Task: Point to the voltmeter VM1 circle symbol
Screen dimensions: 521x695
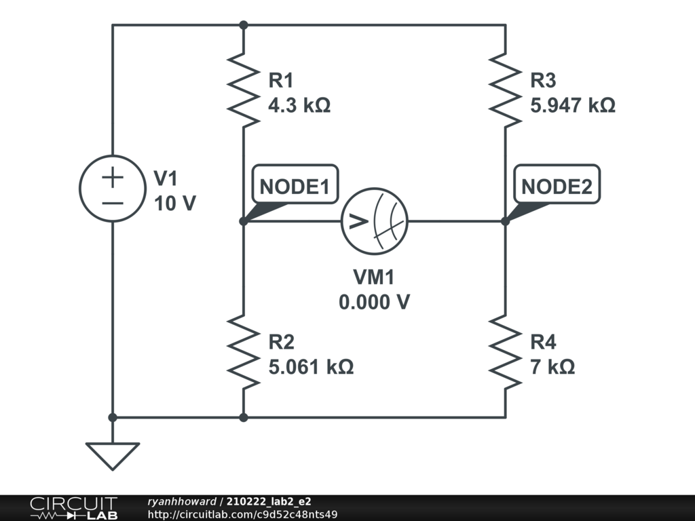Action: [374, 220]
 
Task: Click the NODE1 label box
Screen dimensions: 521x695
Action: [295, 187]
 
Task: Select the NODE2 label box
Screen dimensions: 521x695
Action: [557, 187]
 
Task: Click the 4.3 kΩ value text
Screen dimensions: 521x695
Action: [299, 106]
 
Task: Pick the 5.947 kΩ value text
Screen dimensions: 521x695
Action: [573, 106]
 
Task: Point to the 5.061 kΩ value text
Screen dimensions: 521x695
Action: [311, 367]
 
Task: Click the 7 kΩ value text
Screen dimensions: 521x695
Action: [552, 367]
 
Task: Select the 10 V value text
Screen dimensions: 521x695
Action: [174, 203]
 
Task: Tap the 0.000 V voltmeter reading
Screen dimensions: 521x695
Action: [374, 302]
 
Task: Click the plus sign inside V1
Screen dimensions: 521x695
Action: [113, 178]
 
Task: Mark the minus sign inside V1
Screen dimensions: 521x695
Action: [113, 202]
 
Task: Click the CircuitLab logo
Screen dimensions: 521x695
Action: [73, 508]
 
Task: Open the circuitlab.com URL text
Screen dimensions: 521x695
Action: [242, 514]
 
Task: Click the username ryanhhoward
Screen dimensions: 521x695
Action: [181, 501]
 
